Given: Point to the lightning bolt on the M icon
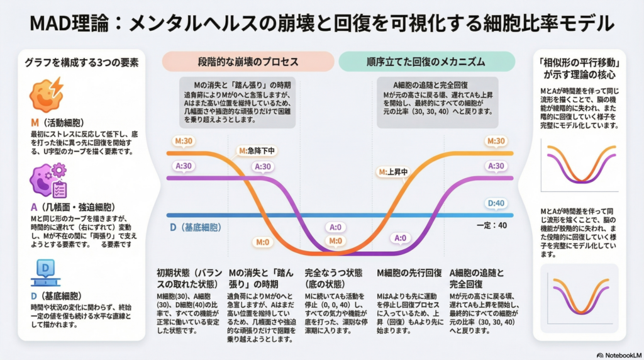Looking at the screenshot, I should coord(57,85).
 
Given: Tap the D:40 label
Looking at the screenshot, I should coord(497,203).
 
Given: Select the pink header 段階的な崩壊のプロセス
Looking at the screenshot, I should coord(248,62).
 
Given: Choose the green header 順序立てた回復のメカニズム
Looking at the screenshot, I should coord(426,62).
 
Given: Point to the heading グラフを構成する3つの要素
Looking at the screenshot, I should coord(82,63).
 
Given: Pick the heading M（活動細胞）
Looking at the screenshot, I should coord(58,121).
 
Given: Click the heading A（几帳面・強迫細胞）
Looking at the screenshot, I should coord(71,206).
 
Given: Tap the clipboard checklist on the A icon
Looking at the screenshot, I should coord(60,188).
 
